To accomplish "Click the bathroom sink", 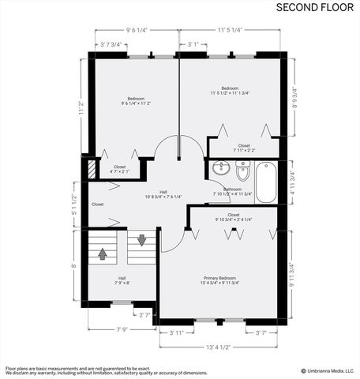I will coord(219,170).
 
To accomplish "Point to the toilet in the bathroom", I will coord(242,170).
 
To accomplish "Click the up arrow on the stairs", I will coord(103,253).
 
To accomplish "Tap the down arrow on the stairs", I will coord(142,239).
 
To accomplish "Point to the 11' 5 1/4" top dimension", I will coord(230,31).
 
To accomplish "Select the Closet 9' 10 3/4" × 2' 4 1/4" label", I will coord(234,217).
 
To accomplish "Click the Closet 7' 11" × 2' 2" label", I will coord(244,148).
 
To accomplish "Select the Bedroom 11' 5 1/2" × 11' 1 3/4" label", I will coord(230,91).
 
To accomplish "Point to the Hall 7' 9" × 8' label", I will coord(122,280).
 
